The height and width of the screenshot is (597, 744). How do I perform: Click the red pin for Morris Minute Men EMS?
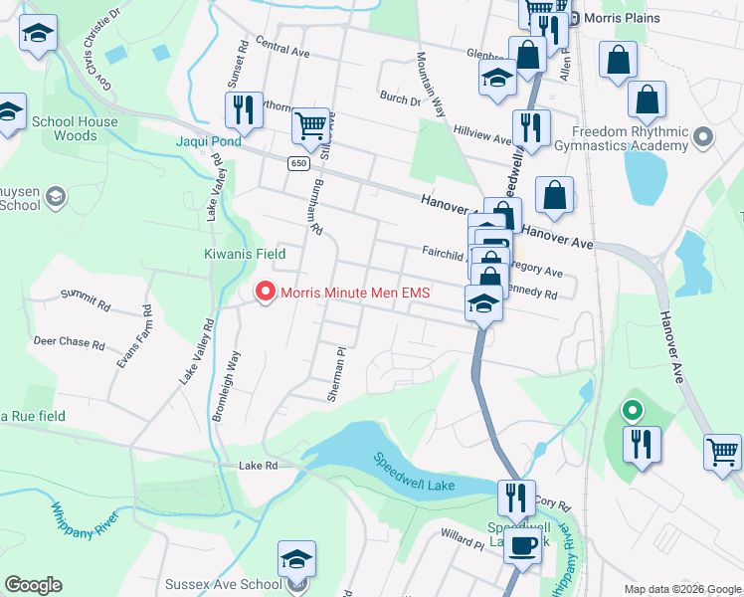265,292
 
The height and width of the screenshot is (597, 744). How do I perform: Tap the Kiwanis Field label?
239,255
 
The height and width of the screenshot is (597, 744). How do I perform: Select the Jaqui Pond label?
209,142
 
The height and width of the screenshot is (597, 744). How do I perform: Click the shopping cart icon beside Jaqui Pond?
311,126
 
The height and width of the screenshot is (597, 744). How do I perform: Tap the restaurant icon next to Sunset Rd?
244,110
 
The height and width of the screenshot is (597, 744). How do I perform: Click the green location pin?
632,409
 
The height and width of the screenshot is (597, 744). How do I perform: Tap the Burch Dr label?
400,99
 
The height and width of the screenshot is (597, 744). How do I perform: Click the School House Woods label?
74,128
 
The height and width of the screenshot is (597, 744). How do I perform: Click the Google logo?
33,585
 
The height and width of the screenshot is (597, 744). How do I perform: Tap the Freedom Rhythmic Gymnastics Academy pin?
704,136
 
